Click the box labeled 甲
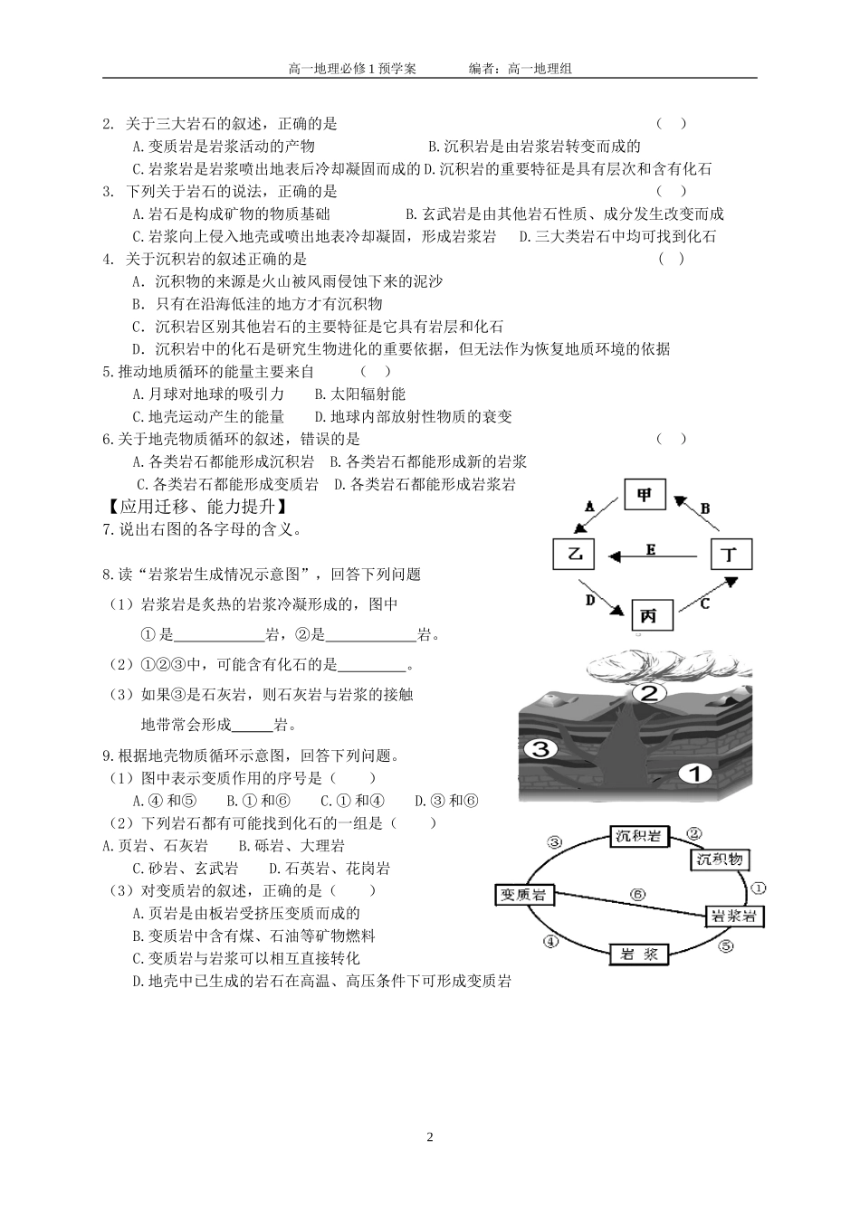(x=645, y=496)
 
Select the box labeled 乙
(x=576, y=554)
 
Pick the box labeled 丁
(x=730, y=554)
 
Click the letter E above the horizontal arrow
(x=650, y=548)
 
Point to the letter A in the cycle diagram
(x=589, y=508)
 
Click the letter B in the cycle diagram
(x=705, y=508)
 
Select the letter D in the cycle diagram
(x=589, y=600)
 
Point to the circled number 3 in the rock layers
(x=540, y=748)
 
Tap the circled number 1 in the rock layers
(x=696, y=773)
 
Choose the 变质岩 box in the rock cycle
(x=524, y=894)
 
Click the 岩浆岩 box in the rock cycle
(x=734, y=916)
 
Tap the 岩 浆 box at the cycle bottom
(x=639, y=955)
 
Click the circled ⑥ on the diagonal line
(x=637, y=894)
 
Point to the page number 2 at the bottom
(x=430, y=1137)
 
